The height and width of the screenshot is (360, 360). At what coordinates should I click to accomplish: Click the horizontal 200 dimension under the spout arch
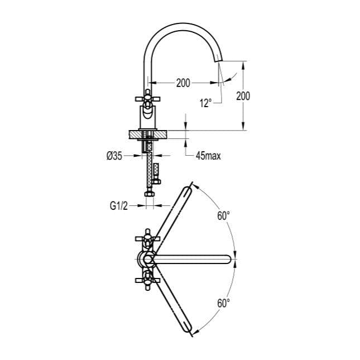tap(183, 83)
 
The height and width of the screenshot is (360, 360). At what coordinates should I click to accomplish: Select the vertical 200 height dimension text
tap(243, 95)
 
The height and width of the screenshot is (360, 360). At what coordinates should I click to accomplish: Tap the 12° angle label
tap(205, 103)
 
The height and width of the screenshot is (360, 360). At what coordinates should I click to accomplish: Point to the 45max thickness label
tap(208, 156)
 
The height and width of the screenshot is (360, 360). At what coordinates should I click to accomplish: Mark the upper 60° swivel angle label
tap(223, 215)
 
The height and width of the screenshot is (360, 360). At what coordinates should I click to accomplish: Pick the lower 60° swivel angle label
tap(223, 303)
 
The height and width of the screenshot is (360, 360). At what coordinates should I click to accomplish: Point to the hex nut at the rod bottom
tap(149, 194)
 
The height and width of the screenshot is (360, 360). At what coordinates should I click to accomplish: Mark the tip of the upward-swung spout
tap(191, 186)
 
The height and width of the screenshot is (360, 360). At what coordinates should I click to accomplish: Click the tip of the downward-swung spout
tap(191, 331)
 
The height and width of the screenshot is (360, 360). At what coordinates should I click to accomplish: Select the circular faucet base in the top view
tap(146, 258)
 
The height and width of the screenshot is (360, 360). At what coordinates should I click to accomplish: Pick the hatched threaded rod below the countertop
tap(148, 170)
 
